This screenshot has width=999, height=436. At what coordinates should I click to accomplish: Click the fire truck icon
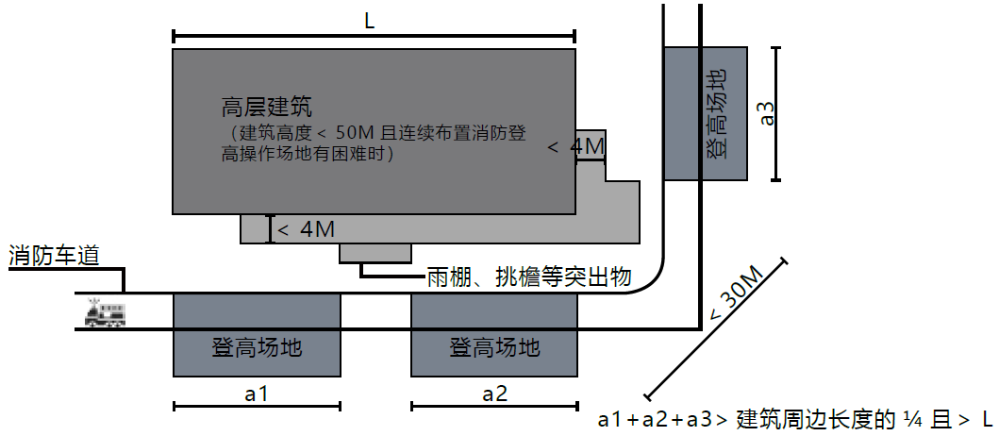tap(104, 314)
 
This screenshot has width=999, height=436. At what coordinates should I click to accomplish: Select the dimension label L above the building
tap(369, 22)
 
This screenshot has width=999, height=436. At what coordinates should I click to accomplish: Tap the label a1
tap(258, 394)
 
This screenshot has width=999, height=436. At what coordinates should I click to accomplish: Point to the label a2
tap(494, 394)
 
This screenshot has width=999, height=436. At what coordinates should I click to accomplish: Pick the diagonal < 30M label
tap(736, 293)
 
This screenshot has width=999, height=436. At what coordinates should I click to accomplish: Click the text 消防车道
tap(54, 255)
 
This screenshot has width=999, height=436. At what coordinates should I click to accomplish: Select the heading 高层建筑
tap(267, 106)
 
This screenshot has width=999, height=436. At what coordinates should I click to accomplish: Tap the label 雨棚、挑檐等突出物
tap(528, 277)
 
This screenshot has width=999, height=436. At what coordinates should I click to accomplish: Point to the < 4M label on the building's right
tap(574, 147)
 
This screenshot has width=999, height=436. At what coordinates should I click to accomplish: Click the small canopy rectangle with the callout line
tap(375, 253)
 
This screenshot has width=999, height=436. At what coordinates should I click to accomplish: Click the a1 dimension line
tap(257, 408)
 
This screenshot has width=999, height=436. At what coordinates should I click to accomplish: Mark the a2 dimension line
tap(494, 408)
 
